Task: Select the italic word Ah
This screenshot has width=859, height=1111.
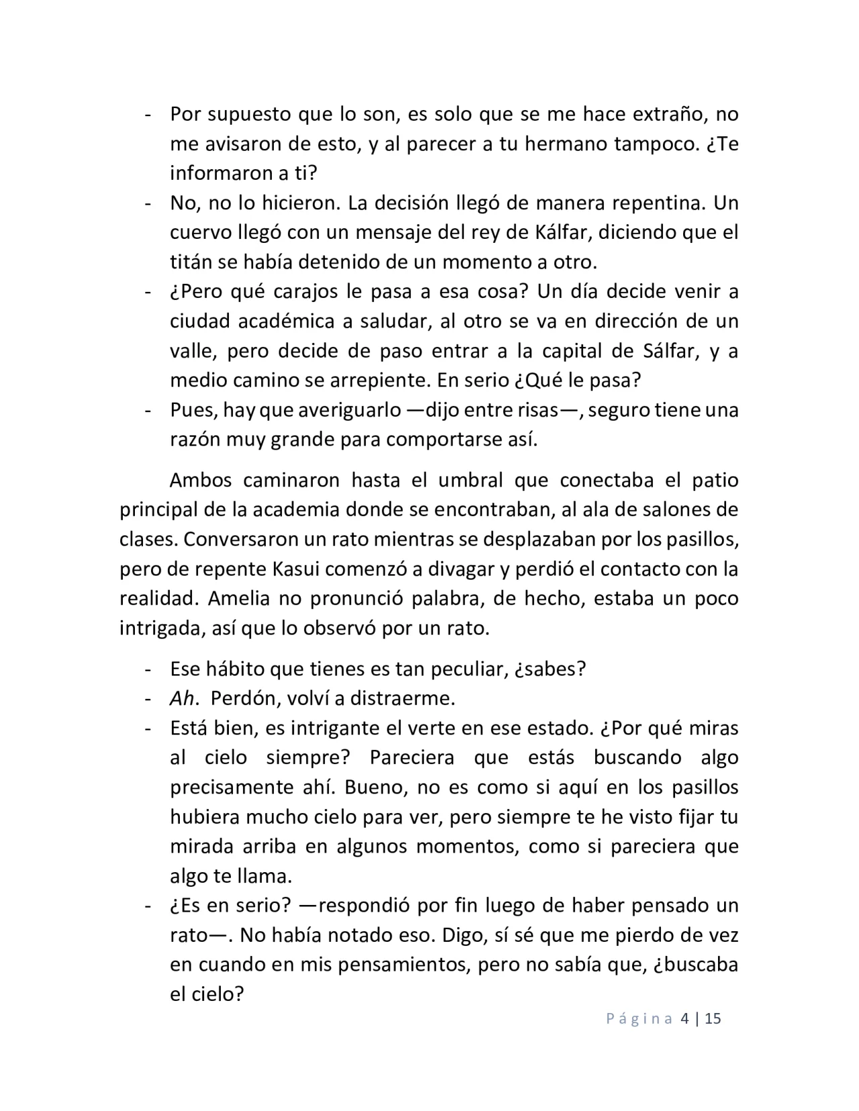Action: (x=181, y=698)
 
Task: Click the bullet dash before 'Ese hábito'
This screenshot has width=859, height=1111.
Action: (x=146, y=669)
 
